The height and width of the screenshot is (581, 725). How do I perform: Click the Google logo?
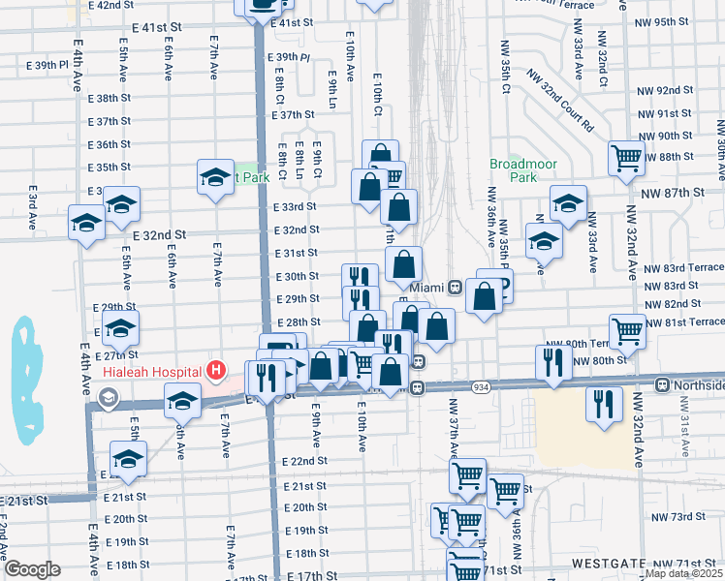[x=32, y=569]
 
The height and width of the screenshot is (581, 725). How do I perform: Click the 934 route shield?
[x=481, y=387]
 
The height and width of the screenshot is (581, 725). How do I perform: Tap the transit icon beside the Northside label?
[x=662, y=385]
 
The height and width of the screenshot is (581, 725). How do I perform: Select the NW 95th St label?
[x=667, y=21]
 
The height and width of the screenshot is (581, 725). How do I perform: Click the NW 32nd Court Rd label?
[x=560, y=100]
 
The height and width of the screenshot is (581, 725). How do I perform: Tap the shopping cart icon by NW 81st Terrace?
[x=628, y=330]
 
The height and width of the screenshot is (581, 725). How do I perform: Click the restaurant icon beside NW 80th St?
[x=553, y=361]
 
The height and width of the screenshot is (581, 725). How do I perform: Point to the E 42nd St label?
[x=110, y=6]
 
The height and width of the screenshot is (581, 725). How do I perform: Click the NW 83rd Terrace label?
[x=683, y=267]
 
